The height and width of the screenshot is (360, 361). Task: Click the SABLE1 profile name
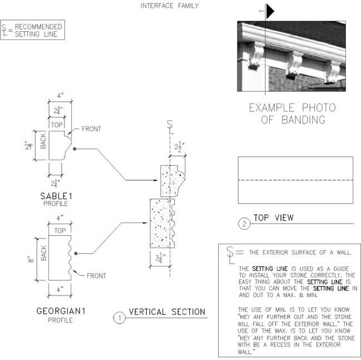click(56, 196)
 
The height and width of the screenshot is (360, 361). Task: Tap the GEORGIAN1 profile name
click(61, 311)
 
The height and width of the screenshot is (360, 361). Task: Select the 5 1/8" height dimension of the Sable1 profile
click(29, 145)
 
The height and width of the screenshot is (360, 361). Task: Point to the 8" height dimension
click(31, 259)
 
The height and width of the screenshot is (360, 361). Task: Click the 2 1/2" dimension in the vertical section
click(180, 147)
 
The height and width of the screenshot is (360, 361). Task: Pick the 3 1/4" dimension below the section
click(160, 258)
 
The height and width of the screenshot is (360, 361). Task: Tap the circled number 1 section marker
click(120, 318)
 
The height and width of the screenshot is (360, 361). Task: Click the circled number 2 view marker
click(244, 224)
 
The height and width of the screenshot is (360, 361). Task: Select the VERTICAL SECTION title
click(167, 312)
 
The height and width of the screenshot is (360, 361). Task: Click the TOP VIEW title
click(274, 218)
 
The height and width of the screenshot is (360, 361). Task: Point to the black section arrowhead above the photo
click(270, 11)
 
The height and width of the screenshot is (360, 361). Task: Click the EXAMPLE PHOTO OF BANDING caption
click(293, 114)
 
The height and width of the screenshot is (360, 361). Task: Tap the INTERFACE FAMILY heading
click(170, 6)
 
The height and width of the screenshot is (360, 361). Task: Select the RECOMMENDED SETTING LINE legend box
click(33, 30)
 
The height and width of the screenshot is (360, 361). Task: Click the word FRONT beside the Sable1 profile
click(91, 129)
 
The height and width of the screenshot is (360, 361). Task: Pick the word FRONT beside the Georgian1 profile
click(96, 275)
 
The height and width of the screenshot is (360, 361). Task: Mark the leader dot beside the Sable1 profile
click(75, 149)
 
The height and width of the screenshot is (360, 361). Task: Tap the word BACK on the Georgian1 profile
click(43, 253)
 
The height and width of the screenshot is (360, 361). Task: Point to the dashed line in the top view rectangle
click(295, 180)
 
